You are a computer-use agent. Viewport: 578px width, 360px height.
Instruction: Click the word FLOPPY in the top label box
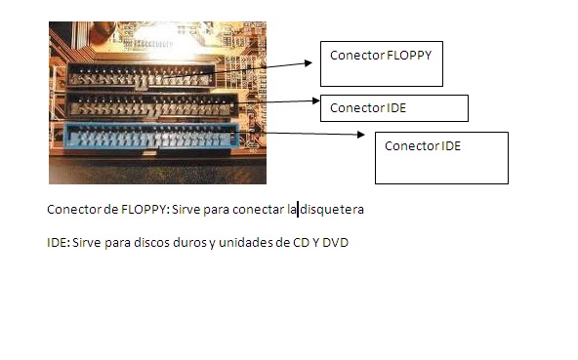click(x=408, y=56)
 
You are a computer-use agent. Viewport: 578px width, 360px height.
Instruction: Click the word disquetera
click(x=332, y=210)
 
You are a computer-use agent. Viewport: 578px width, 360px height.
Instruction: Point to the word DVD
click(x=336, y=242)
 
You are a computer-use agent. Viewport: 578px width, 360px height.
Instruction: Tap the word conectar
click(x=258, y=210)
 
